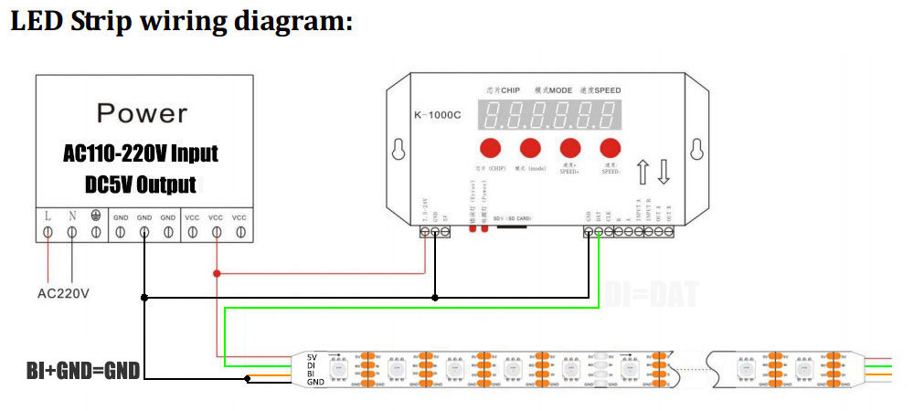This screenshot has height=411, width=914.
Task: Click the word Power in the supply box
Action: (x=142, y=113)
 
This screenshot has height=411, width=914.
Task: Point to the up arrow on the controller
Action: (x=643, y=172)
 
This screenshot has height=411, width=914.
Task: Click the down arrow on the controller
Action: (x=664, y=172)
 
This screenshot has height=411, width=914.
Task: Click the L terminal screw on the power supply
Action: (x=48, y=233)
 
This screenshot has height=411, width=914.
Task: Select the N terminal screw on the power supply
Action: (x=72, y=233)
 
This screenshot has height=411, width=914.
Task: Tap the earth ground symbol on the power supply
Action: (x=96, y=217)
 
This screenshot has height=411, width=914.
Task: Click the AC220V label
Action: (x=62, y=293)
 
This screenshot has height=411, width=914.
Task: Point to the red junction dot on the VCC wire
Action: (x=217, y=273)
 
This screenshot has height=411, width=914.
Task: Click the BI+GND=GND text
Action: (x=83, y=370)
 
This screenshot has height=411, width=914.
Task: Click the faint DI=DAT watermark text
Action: (x=651, y=294)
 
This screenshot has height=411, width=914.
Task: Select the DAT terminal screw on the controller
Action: (x=598, y=233)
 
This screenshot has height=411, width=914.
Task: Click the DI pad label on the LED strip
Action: (x=312, y=365)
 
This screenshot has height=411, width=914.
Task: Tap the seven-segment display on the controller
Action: (x=552, y=115)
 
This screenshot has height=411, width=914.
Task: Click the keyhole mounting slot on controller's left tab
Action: (x=399, y=149)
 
